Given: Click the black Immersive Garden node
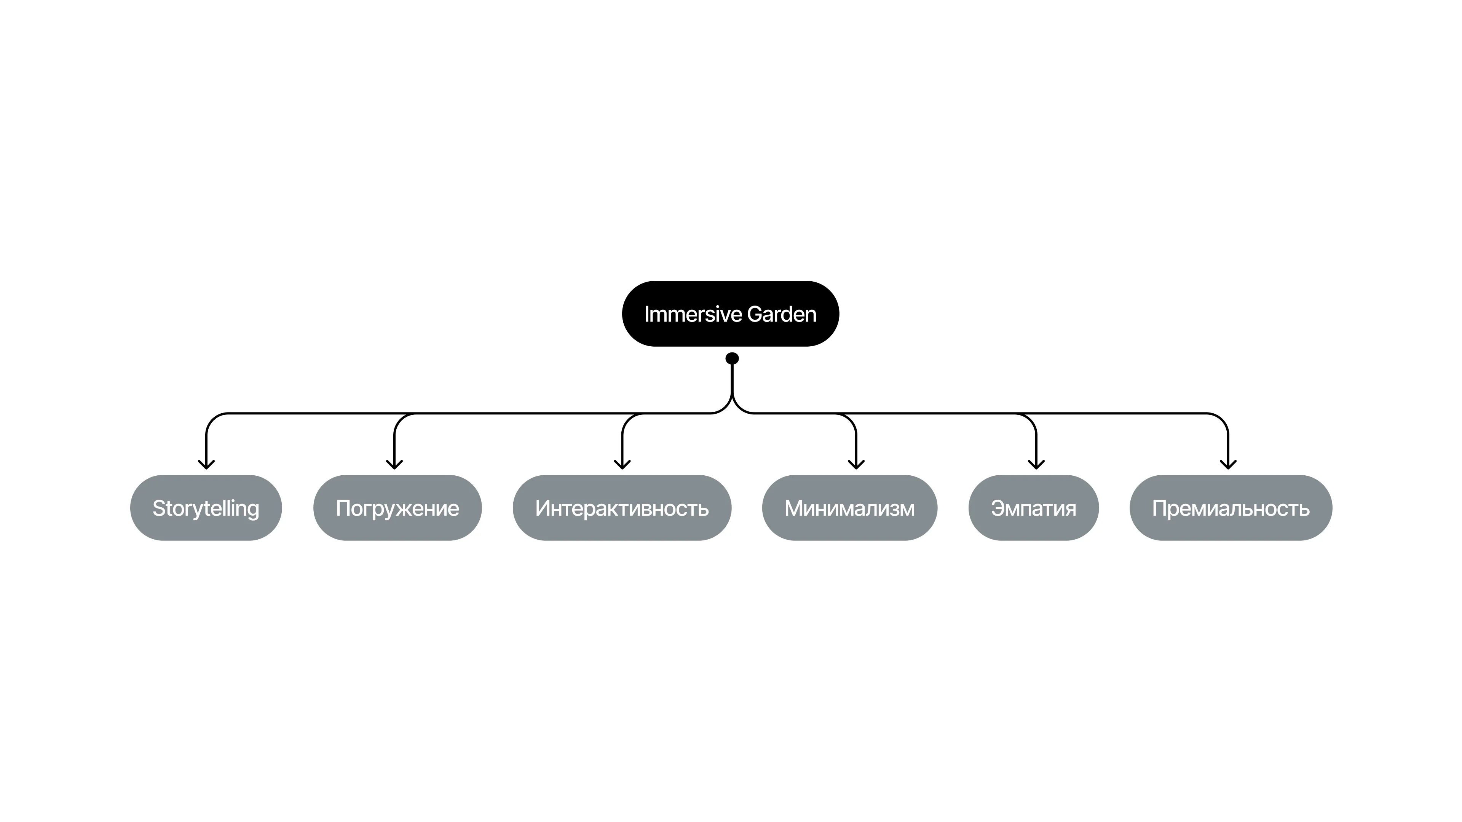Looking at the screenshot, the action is pyautogui.click(x=731, y=314).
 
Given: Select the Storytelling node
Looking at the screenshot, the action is pyautogui.click(x=206, y=508).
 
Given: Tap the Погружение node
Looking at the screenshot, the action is pyautogui.click(x=397, y=508).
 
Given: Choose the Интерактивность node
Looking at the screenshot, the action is pyautogui.click(x=622, y=508).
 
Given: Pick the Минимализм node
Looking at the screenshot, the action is pyautogui.click(x=850, y=508).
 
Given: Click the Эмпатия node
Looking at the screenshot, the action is pyautogui.click(x=1034, y=508).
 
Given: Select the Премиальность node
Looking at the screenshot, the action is pyautogui.click(x=1231, y=508).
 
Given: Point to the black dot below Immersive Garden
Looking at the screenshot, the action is pyautogui.click(x=732, y=358).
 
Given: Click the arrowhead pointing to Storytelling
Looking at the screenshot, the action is pyautogui.click(x=206, y=465).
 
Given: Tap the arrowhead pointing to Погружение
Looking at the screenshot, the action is pyautogui.click(x=394, y=465).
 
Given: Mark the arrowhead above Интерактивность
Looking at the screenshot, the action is pyautogui.click(x=622, y=465).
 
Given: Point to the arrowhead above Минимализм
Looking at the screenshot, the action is pyautogui.click(x=856, y=465).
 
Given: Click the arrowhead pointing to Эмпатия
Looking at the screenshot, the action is pyautogui.click(x=1036, y=465).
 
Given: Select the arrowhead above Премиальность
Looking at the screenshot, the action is pyautogui.click(x=1228, y=465).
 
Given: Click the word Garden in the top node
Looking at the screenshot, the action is pyautogui.click(x=782, y=314).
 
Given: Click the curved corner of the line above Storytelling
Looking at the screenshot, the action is pyautogui.click(x=212, y=420).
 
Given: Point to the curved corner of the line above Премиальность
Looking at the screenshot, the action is pyautogui.click(x=1222, y=420).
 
